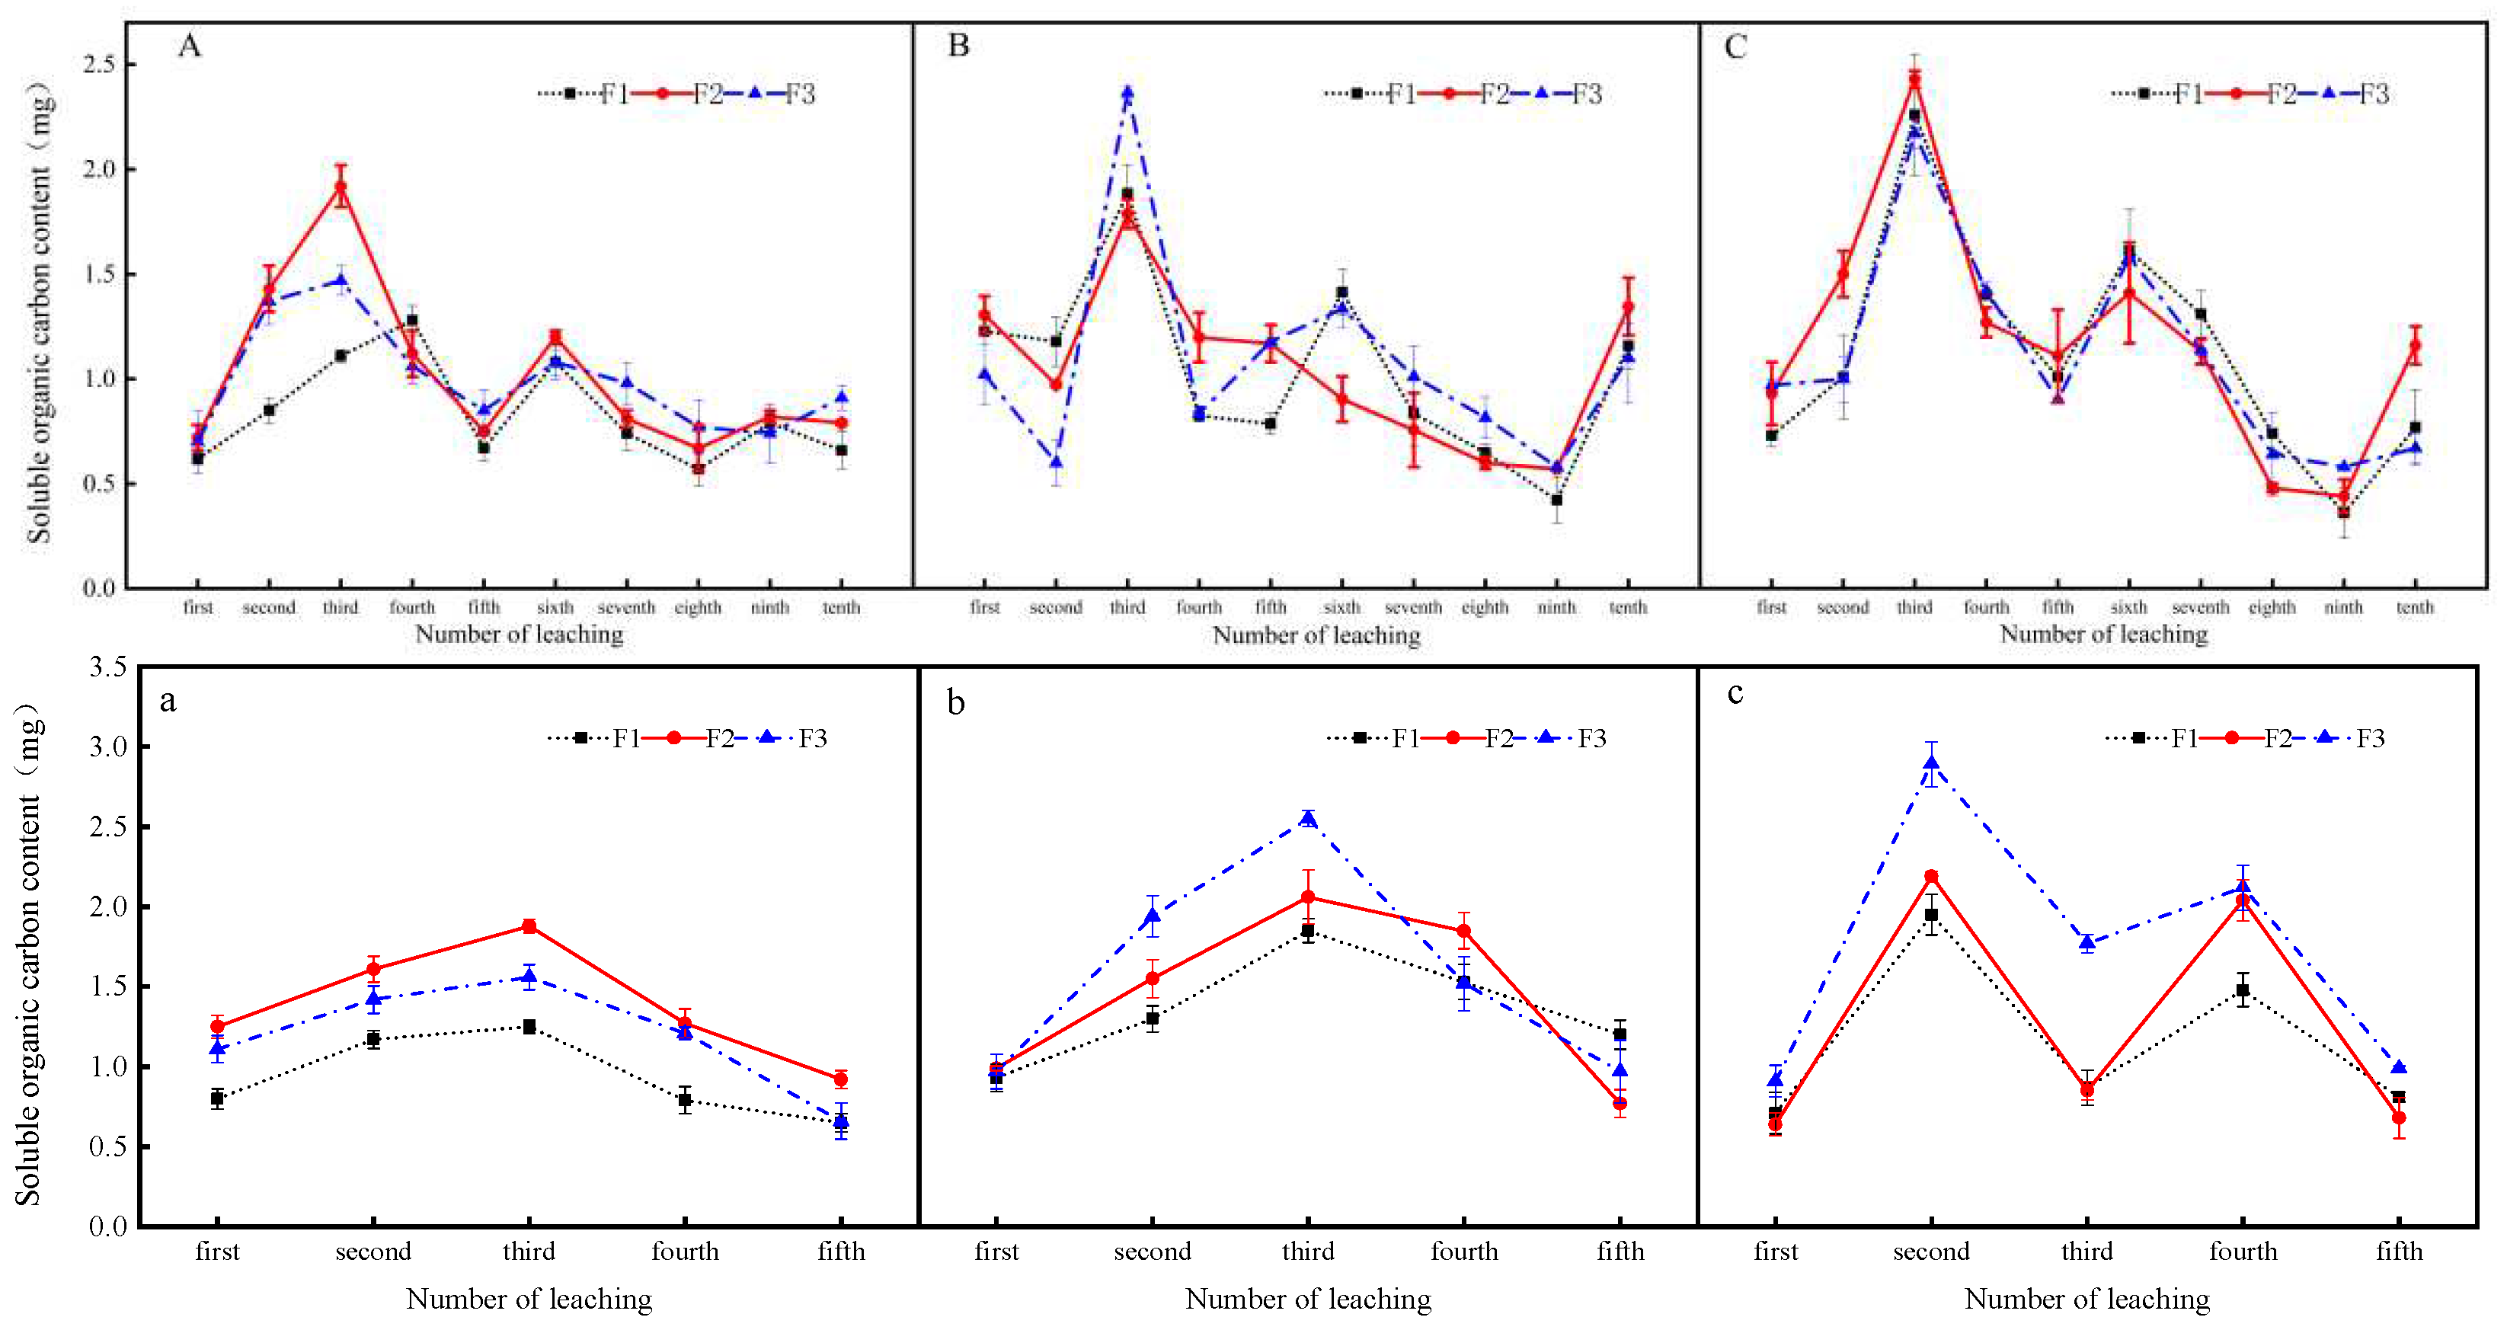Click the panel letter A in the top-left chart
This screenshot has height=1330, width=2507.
[x=189, y=46]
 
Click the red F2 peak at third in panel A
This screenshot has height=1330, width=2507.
[x=341, y=186]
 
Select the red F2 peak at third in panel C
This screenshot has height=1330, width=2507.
[x=1914, y=80]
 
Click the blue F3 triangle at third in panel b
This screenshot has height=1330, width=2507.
[x=1308, y=818]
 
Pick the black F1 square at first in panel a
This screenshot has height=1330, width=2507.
[x=217, y=1098]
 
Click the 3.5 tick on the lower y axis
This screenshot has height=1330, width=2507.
[x=107, y=667]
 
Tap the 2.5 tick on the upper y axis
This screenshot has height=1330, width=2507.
[x=98, y=64]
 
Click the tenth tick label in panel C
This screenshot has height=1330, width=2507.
[x=2415, y=607]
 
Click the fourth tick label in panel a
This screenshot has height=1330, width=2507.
[x=685, y=1252]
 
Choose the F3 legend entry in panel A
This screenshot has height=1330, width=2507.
[x=799, y=94]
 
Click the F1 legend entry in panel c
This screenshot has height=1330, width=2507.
[x=2184, y=737]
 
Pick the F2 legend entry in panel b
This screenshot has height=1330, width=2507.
[x=1498, y=737]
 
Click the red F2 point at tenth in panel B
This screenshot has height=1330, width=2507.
[x=1627, y=306]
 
